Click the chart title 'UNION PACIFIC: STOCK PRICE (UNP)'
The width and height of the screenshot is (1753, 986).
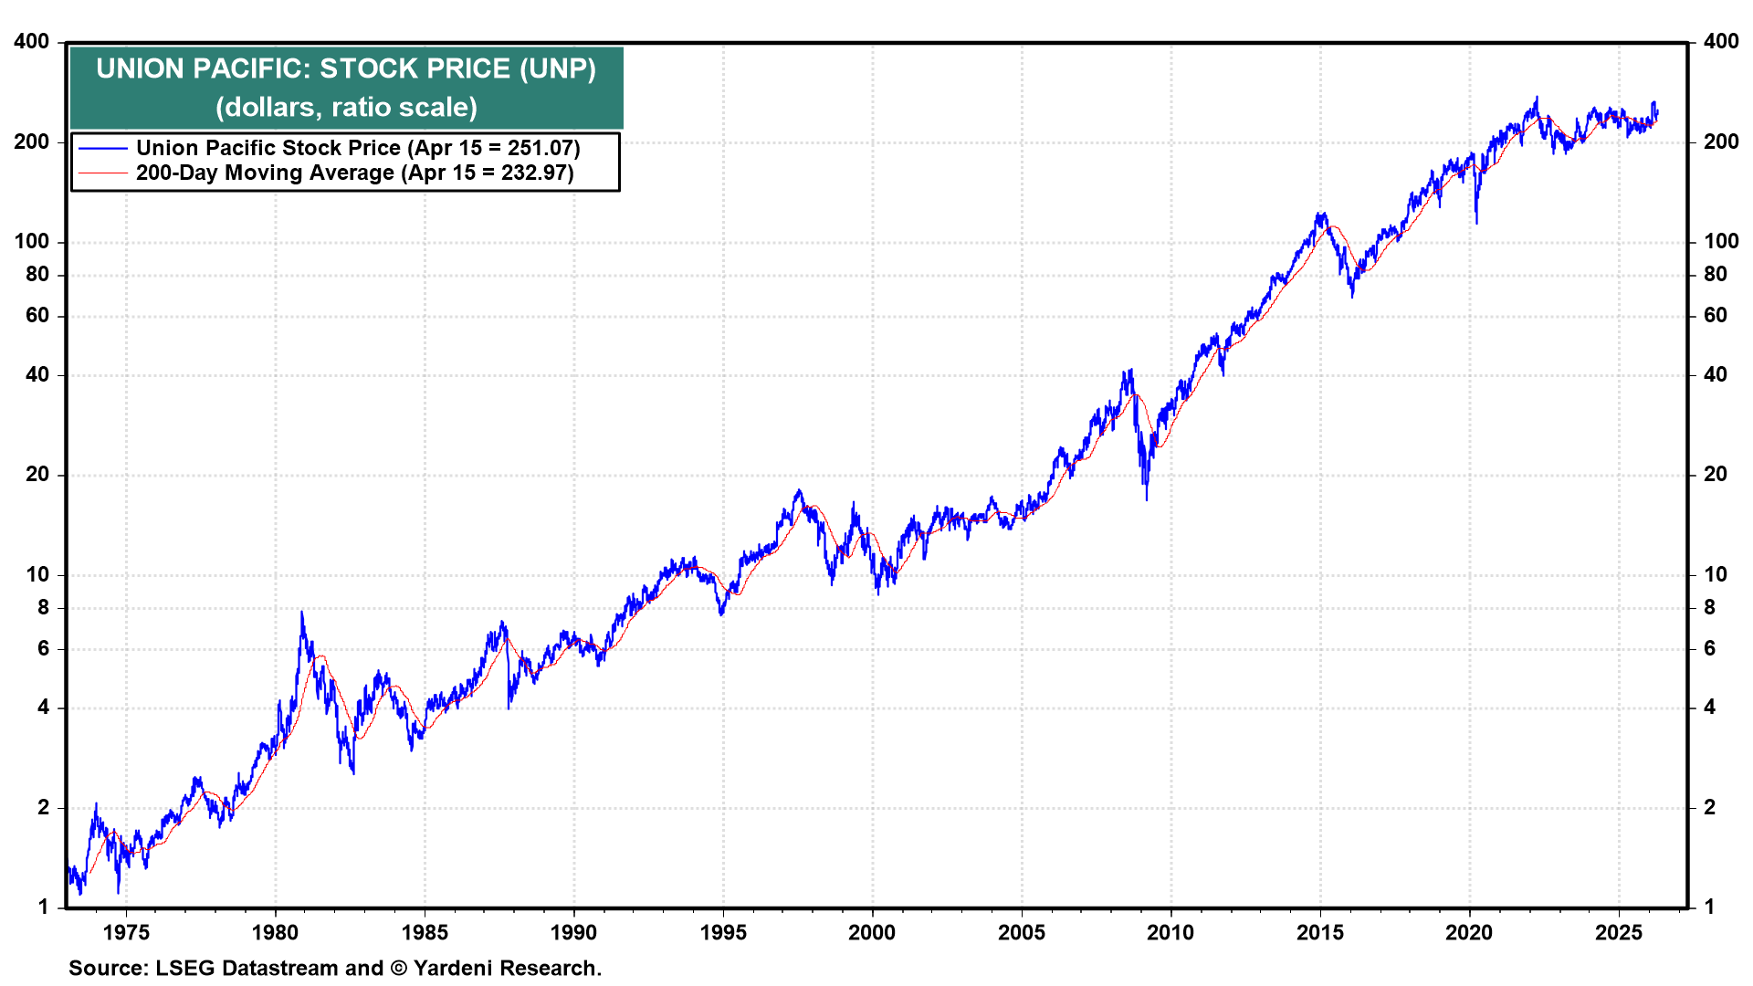[x=346, y=69]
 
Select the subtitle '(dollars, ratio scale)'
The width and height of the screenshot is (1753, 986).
[x=346, y=108]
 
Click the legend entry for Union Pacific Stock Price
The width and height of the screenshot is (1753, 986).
[x=358, y=148]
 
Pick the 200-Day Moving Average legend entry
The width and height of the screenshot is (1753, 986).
[x=354, y=173]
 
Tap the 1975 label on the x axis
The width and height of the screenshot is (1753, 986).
[x=126, y=933]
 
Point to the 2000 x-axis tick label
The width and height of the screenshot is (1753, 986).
[x=872, y=933]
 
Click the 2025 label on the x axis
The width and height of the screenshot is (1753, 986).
[x=1619, y=933]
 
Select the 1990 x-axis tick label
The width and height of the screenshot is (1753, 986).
[x=573, y=933]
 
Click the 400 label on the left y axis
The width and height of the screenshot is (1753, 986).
[x=32, y=42]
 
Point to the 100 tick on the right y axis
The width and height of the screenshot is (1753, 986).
[x=1721, y=242]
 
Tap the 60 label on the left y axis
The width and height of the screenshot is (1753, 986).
[x=37, y=316]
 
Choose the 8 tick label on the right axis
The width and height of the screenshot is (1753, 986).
[x=1709, y=608]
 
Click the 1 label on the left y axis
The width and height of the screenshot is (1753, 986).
[x=43, y=907]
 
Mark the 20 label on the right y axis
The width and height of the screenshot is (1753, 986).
[x=1716, y=475]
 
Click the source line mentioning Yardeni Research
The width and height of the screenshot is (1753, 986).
[x=335, y=969]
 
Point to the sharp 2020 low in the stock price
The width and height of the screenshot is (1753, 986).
[x=1476, y=222]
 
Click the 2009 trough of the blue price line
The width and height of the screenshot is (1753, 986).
[x=1147, y=498]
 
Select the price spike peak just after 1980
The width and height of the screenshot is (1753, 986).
[x=301, y=612]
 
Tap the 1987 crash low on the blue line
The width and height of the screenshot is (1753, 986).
[x=509, y=708]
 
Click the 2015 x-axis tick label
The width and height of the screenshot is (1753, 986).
[x=1320, y=933]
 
